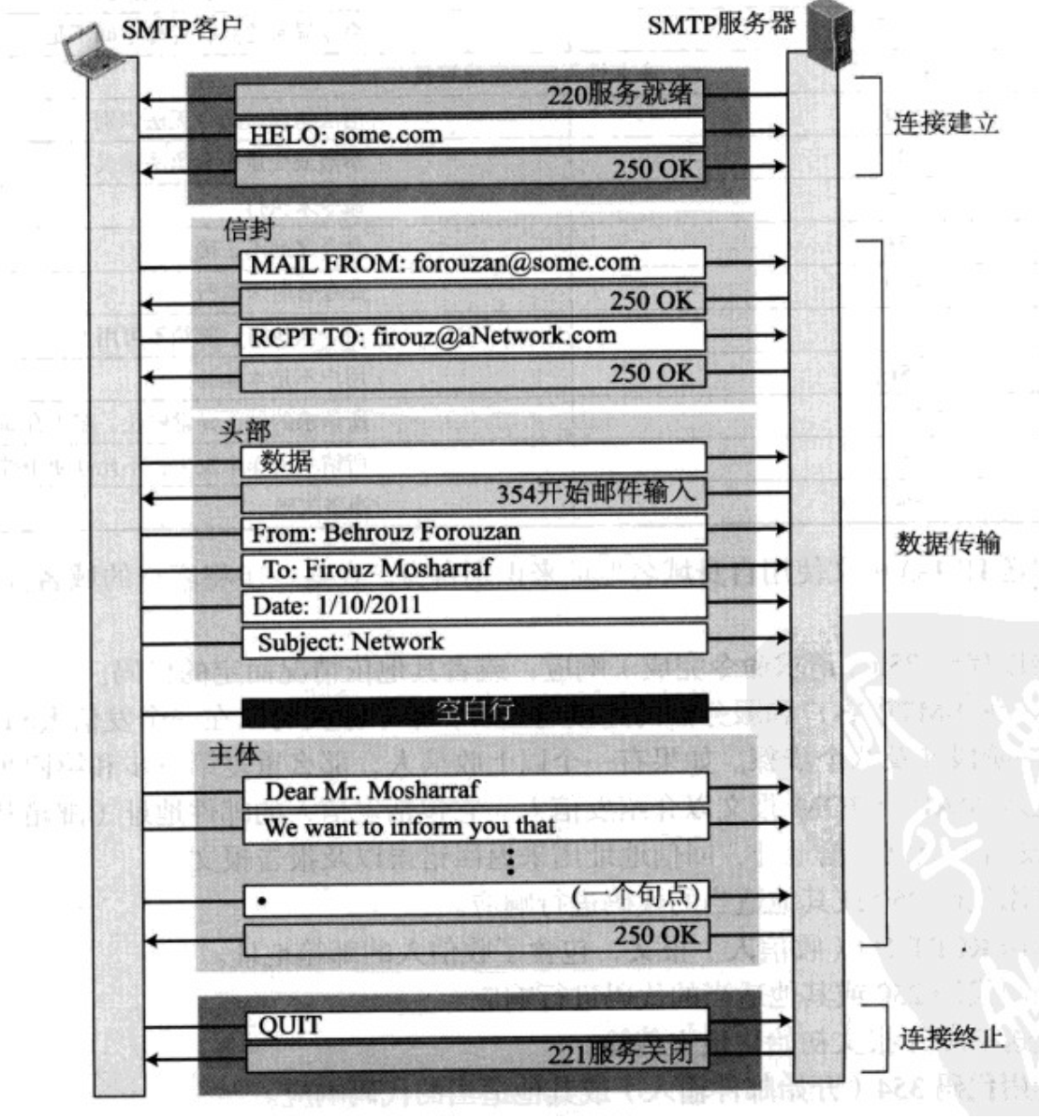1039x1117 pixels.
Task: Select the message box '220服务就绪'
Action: coord(468,96)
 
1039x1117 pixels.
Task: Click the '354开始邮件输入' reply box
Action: coord(473,493)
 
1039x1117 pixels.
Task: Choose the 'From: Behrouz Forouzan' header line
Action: coord(473,532)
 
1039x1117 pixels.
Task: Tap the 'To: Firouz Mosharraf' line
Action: coord(473,568)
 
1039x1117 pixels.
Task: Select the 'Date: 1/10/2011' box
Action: coord(473,605)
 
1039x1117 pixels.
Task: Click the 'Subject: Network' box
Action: coord(473,641)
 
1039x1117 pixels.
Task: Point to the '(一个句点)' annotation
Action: coord(636,896)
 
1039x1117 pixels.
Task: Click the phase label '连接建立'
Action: coord(945,123)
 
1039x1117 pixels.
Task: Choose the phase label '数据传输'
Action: coord(947,543)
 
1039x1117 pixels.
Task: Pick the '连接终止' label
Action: coord(951,1036)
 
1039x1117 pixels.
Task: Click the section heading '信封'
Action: coord(247,228)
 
